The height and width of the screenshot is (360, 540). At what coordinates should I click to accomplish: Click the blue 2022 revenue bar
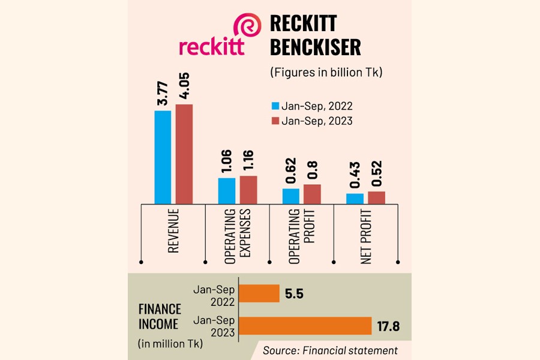point(163,157)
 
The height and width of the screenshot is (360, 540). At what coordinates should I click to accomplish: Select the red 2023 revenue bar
point(184,154)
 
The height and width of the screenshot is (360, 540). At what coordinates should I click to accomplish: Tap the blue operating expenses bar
point(227,191)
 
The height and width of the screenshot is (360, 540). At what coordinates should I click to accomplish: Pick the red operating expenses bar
point(248,190)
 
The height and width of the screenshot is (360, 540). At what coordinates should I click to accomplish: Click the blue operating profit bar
point(291,196)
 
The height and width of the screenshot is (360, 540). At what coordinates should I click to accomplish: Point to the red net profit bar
point(376,197)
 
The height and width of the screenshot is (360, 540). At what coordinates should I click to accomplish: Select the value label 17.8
point(389,326)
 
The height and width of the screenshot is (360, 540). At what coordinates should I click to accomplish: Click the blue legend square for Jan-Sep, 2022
point(276,106)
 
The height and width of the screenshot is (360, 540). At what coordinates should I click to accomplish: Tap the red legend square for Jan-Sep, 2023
point(276,121)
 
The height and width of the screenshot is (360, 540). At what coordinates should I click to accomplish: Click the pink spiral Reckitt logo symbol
point(247,28)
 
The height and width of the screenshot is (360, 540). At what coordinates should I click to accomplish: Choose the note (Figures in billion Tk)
point(326,73)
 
